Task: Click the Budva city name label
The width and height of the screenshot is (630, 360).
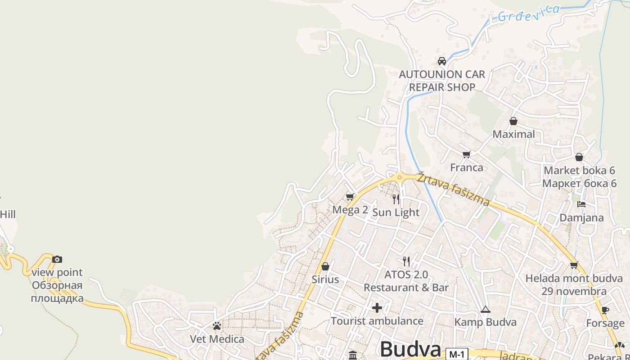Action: coord(410,349)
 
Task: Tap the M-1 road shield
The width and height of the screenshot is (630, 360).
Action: coord(457,354)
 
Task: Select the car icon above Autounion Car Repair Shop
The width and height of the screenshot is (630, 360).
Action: coord(442,61)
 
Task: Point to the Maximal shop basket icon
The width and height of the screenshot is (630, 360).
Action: coord(513,121)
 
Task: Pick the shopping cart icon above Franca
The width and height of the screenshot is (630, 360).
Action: coord(466,155)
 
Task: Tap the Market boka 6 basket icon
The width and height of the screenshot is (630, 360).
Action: coord(579,157)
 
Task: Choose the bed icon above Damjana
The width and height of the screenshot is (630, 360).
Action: coord(581,204)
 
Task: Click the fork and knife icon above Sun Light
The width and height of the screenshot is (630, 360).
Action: coord(396,199)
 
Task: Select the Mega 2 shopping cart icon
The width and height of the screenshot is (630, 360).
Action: coord(350,197)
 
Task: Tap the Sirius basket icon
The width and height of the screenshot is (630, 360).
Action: coord(325,266)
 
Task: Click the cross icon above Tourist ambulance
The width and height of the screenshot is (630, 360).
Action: coord(377,308)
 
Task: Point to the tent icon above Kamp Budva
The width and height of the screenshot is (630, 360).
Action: coord(485,309)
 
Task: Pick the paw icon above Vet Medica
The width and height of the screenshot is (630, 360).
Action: coord(217,326)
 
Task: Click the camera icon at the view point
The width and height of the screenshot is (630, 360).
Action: coord(57,259)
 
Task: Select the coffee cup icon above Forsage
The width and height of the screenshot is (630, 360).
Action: coord(605,310)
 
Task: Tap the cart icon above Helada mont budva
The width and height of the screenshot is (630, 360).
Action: coord(574,265)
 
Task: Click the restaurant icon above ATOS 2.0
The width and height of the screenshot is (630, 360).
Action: coord(406,261)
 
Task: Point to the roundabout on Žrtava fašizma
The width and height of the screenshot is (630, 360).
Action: coord(399,177)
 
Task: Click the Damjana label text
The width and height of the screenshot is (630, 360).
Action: coord(581,218)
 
